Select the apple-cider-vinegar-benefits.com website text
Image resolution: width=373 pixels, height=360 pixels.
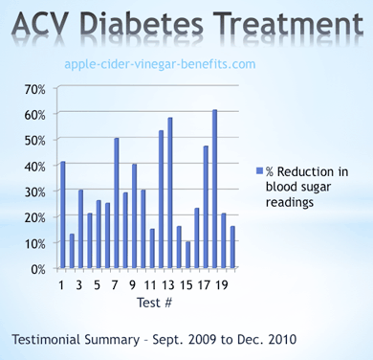pyautogui.click(x=160, y=63)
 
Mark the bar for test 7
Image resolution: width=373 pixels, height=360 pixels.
pyautogui.click(x=116, y=204)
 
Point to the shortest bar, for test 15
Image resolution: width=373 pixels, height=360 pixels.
pyautogui.click(x=187, y=256)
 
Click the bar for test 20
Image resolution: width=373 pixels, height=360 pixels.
pyautogui.click(x=232, y=248)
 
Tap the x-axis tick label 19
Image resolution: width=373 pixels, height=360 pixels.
pyautogui.click(x=223, y=284)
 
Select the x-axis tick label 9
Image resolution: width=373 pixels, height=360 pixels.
pyautogui.click(x=134, y=284)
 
